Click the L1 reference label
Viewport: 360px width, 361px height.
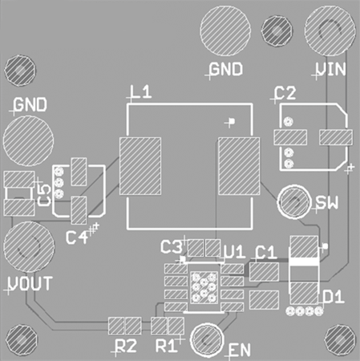[x=141, y=94]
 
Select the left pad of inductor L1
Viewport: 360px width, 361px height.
[x=140, y=167]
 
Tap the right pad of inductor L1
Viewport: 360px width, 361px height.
[x=238, y=167]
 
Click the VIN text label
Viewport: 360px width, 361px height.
[x=330, y=69]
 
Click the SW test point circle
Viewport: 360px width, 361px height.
[x=294, y=202]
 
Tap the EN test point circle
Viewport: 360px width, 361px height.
[x=208, y=340]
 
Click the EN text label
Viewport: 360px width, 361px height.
[x=240, y=351]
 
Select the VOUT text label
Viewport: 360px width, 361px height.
[x=31, y=283]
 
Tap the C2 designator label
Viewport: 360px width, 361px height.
[x=285, y=94]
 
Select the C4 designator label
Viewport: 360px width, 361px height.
[x=77, y=237]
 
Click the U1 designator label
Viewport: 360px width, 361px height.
[x=233, y=252]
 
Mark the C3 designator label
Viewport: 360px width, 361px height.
[x=172, y=246]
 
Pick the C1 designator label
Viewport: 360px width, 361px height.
[x=265, y=252]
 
